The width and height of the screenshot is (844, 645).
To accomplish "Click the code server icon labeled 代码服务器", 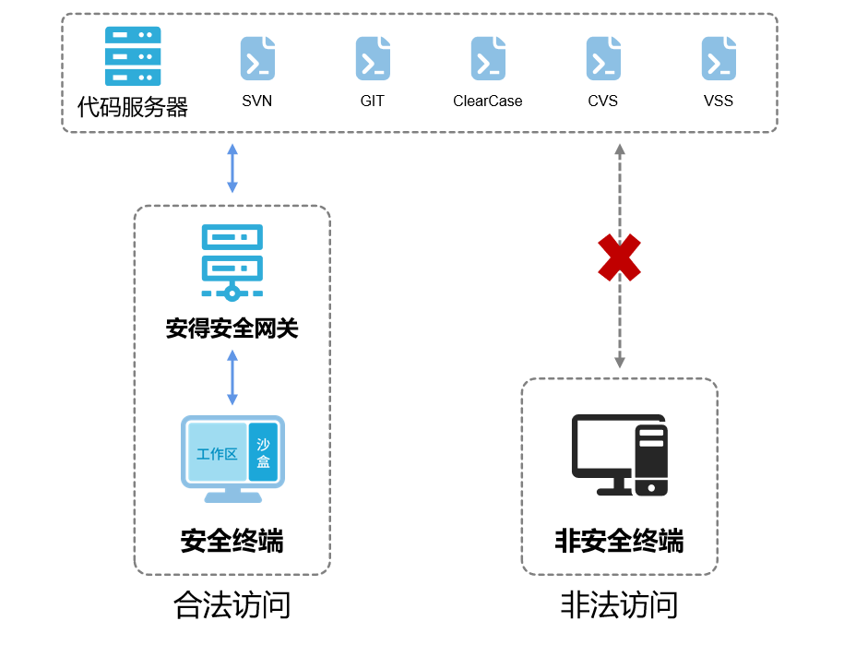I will pyautogui.click(x=133, y=57).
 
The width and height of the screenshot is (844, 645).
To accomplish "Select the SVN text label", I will pyautogui.click(x=257, y=101).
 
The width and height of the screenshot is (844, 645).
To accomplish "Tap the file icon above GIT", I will pyautogui.click(x=373, y=58).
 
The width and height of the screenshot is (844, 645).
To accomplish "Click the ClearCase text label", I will pyautogui.click(x=488, y=101).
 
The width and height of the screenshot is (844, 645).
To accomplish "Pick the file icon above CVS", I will pyautogui.click(x=603, y=58).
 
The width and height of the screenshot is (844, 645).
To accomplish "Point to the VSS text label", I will pyautogui.click(x=719, y=101).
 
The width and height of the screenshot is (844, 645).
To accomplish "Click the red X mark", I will pyautogui.click(x=620, y=257).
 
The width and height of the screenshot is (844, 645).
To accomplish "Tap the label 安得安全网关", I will pyautogui.click(x=232, y=328).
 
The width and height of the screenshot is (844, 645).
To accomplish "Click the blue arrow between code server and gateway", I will pyautogui.click(x=232, y=168).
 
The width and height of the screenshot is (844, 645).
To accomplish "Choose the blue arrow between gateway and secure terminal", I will pyautogui.click(x=232, y=377).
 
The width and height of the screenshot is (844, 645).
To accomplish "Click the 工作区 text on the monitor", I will pyautogui.click(x=217, y=454).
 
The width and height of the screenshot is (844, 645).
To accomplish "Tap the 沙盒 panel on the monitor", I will pyautogui.click(x=263, y=452).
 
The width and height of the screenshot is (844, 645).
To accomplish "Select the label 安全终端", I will pyautogui.click(x=232, y=541).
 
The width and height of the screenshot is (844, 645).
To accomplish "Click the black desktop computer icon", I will pyautogui.click(x=620, y=455).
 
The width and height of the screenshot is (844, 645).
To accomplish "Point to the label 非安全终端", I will pyautogui.click(x=620, y=541).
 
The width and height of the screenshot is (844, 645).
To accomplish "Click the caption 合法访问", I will pyautogui.click(x=232, y=605).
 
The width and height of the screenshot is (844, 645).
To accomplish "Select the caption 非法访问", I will pyautogui.click(x=620, y=605).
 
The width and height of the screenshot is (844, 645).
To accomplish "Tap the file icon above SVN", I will pyautogui.click(x=257, y=58).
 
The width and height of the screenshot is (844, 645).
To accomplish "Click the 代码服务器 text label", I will pyautogui.click(x=133, y=107).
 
